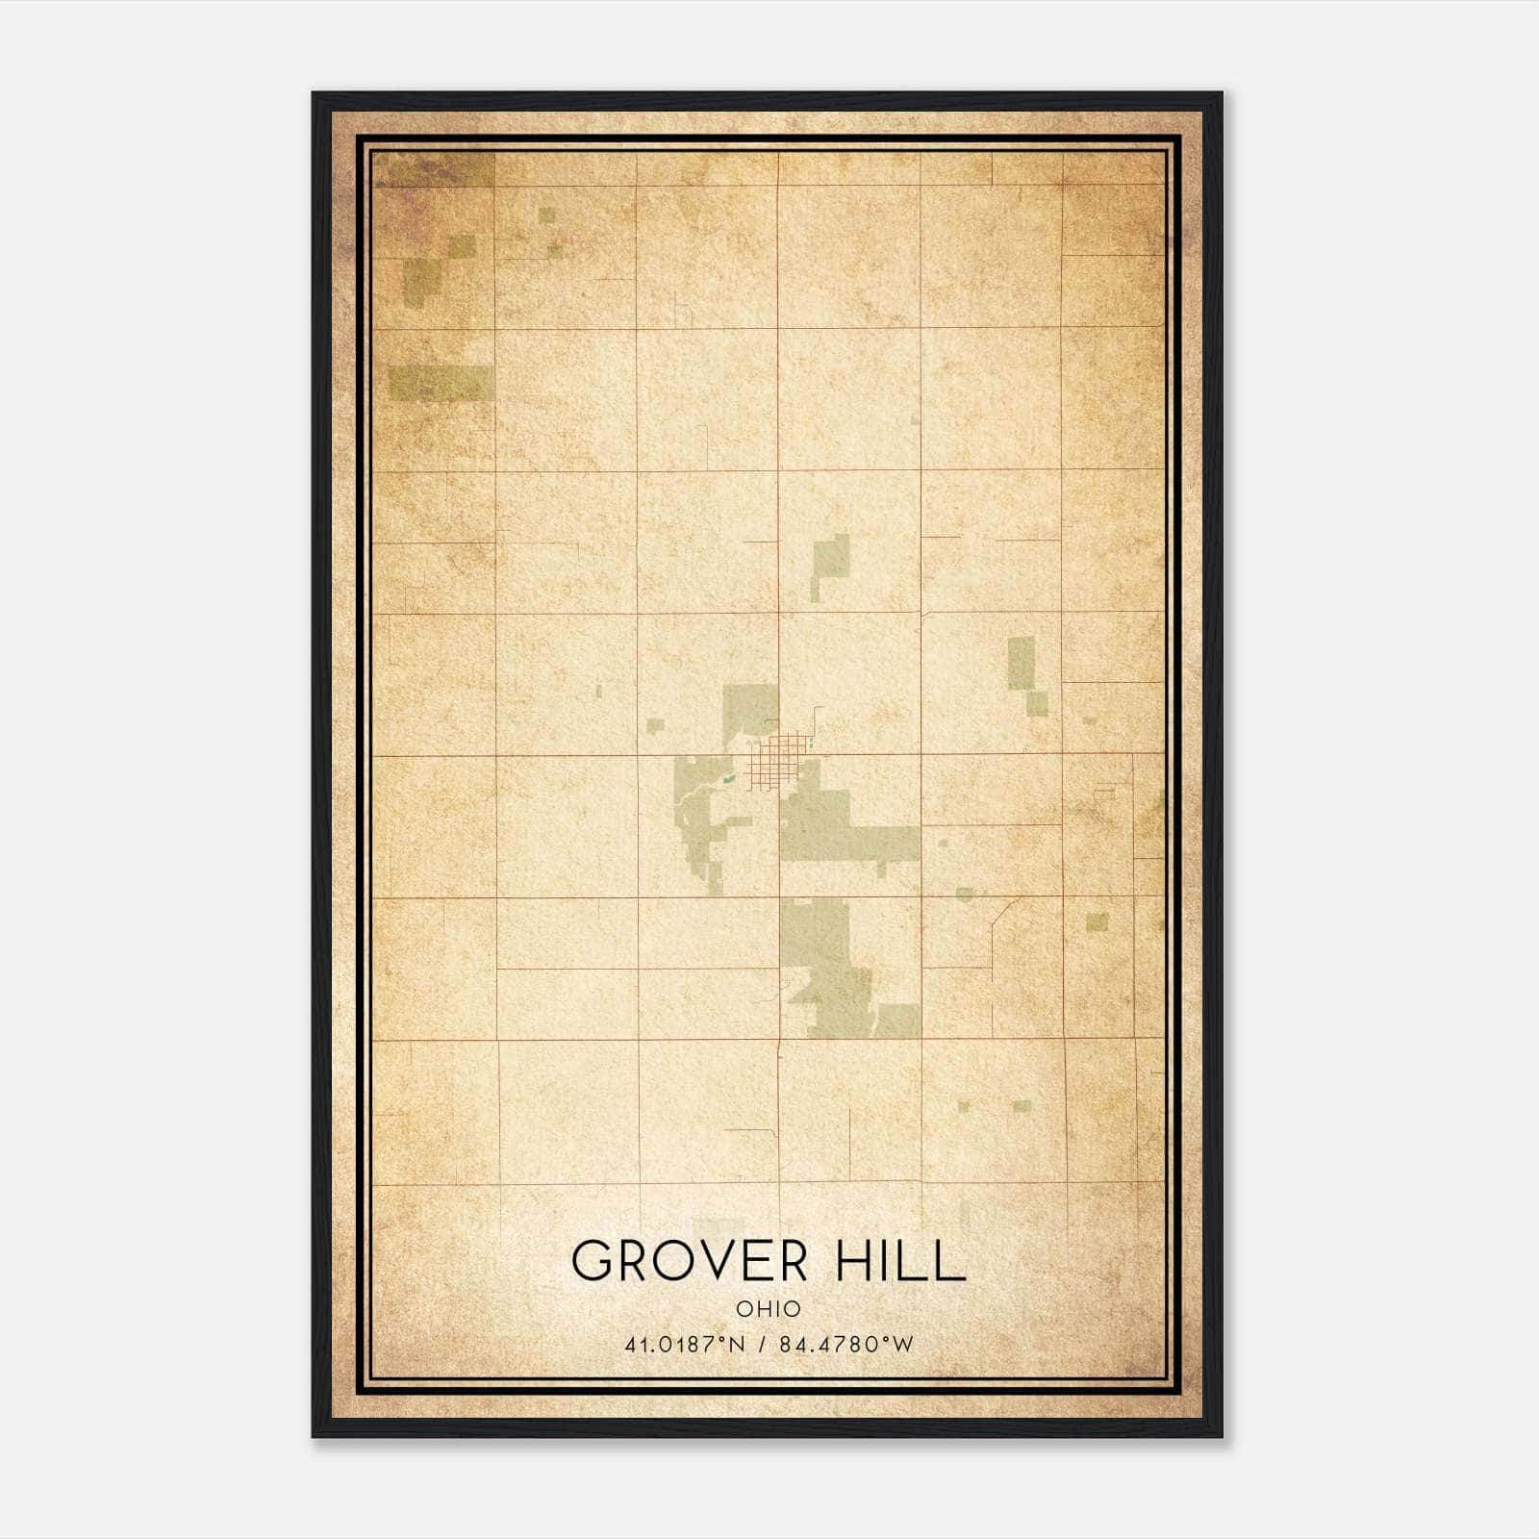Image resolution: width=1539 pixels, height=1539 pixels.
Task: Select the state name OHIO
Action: point(769,1309)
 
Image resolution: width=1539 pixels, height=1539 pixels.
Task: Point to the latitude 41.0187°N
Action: point(685,1345)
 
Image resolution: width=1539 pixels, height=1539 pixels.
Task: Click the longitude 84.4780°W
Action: point(846,1345)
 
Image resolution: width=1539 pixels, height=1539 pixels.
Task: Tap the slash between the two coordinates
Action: point(762,1345)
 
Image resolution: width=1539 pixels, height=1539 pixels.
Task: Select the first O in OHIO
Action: point(744,1309)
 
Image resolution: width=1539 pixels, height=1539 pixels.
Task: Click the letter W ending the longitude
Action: point(902,1345)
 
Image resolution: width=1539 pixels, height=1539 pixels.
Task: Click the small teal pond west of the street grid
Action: point(729,778)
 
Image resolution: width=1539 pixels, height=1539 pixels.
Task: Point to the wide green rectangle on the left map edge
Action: point(441,383)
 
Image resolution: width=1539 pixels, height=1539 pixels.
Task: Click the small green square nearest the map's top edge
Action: point(546,215)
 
